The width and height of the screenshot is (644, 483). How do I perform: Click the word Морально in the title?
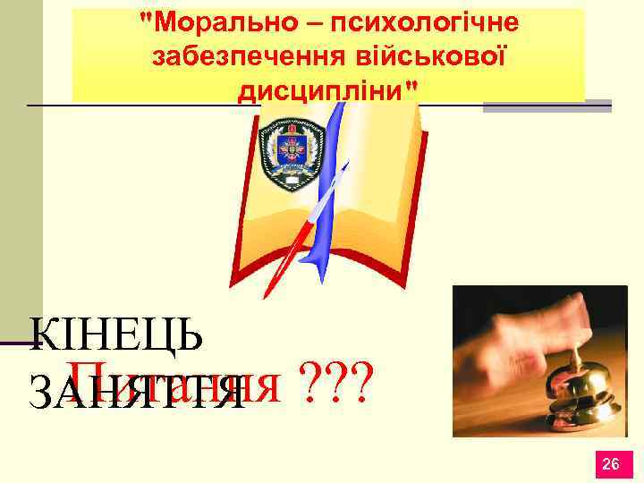point(212,22)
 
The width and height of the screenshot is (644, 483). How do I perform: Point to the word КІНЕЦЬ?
point(116,336)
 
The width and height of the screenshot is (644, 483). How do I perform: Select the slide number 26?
point(612,463)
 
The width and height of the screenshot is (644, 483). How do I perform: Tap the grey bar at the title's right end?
point(547,106)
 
